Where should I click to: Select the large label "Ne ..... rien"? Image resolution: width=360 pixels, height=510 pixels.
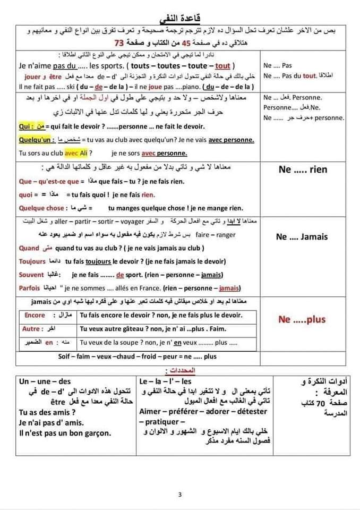[303, 169]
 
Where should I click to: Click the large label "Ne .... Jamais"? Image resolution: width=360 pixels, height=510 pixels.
[302, 237]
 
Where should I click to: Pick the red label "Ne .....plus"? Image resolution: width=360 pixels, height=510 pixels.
[302, 320]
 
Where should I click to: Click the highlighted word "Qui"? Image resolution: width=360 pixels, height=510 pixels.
[24, 126]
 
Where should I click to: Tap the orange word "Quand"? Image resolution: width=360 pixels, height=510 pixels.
[29, 248]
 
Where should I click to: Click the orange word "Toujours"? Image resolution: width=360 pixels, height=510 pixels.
[32, 261]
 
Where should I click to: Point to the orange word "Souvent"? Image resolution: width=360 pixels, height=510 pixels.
[31, 275]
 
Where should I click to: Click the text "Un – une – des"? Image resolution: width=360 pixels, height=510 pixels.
[45, 381]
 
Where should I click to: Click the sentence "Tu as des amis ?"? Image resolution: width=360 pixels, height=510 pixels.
[47, 412]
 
